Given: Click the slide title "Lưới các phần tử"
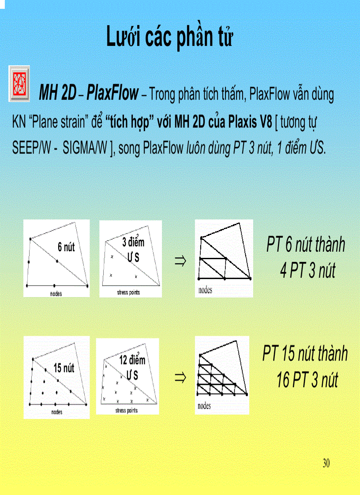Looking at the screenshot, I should pos(170,37).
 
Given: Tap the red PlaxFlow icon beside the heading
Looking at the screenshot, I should pos(19,84).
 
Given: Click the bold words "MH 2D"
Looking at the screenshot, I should pos(57,94).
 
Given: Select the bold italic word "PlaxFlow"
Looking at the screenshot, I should pos(112,94).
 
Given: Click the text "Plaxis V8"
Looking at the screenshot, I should pos(251,122).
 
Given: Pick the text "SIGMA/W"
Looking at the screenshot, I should pos(85,148).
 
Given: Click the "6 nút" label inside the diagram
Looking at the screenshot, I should pos(66,247).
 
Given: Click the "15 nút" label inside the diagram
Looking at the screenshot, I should pos(64,368).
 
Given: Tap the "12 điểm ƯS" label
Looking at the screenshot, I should pos(132,367).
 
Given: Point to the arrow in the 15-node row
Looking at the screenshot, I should pos(180,377).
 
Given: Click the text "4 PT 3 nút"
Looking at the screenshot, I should pos(307,270).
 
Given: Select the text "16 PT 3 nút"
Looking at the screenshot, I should pos(307,380).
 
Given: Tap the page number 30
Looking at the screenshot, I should pos(326,463).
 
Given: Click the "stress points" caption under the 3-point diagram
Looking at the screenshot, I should pos(128,293).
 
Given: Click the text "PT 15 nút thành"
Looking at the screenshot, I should pos(305,354).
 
